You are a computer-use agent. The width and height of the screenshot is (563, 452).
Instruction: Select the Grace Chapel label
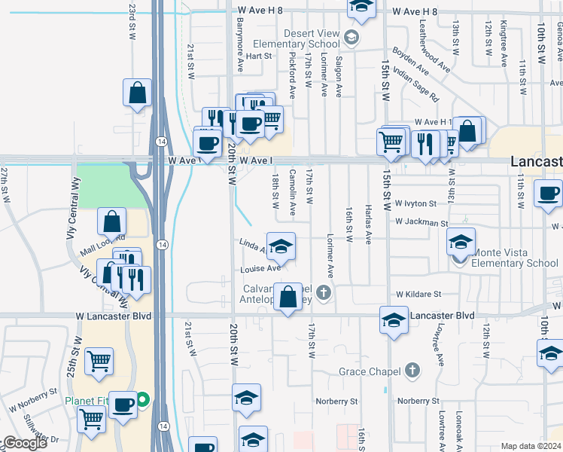(x=373, y=371)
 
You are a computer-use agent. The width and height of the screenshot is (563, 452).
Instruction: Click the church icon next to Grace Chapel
(x=411, y=370)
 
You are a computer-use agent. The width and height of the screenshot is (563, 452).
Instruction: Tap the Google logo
(x=24, y=443)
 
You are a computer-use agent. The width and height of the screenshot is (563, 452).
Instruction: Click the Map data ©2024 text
(x=530, y=446)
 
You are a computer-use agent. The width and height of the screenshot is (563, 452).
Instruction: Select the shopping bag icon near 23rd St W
(x=137, y=94)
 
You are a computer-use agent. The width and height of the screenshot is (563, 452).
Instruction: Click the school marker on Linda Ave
(x=281, y=246)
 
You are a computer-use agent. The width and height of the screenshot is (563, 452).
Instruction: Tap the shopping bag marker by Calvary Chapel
(x=288, y=296)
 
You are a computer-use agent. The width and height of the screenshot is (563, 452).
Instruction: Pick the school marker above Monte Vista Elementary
(x=460, y=242)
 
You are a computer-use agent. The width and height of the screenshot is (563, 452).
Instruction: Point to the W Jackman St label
(x=421, y=224)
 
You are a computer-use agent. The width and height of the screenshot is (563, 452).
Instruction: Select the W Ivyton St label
(x=415, y=203)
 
